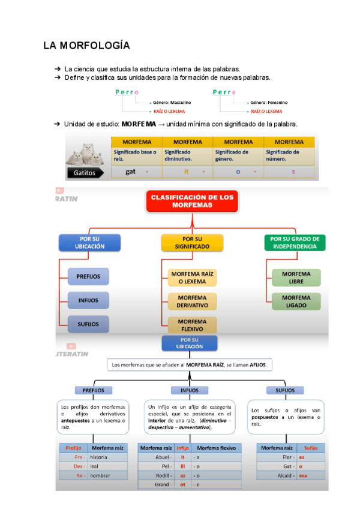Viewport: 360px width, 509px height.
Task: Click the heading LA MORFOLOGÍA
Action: (x=86, y=46)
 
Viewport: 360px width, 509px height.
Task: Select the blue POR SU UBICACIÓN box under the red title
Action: (x=90, y=242)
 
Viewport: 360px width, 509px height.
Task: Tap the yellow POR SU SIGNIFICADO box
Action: (x=192, y=242)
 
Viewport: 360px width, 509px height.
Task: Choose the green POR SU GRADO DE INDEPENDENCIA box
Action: (x=294, y=242)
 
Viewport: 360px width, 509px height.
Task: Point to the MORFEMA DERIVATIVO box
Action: (x=192, y=301)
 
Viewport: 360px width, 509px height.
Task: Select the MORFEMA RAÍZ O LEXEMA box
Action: (x=192, y=277)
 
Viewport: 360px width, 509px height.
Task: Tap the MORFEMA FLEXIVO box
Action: (x=192, y=325)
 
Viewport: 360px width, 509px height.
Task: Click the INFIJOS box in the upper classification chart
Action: (x=88, y=300)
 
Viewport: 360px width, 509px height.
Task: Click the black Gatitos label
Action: (x=88, y=172)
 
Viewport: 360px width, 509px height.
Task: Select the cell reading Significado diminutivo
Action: (x=187, y=156)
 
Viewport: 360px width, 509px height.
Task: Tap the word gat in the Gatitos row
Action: (x=130, y=172)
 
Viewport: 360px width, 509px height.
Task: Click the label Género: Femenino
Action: (x=269, y=103)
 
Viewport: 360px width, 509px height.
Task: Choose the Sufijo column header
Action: (x=311, y=448)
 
